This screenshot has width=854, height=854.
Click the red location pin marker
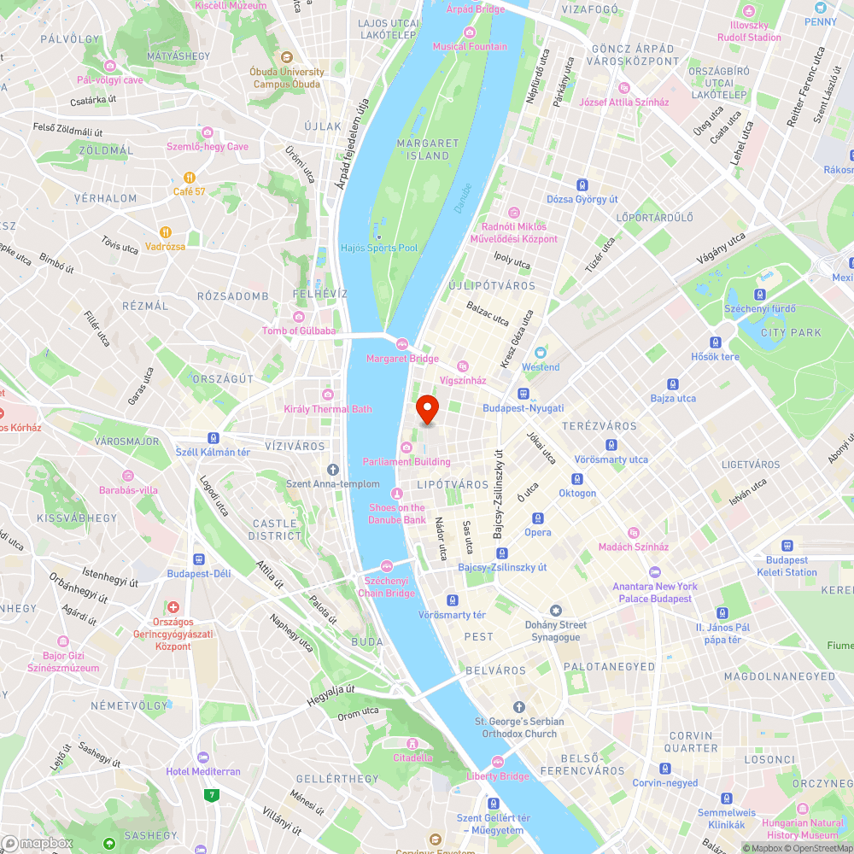tap(426, 409)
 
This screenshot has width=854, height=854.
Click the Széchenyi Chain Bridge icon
tap(386, 565)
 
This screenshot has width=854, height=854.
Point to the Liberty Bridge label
tap(498, 776)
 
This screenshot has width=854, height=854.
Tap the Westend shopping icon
tap(540, 353)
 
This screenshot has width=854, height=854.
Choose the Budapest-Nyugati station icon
tap(523, 394)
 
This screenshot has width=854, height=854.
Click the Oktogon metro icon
tap(577, 479)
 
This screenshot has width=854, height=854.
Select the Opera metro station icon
tap(538, 518)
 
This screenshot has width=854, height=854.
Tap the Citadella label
tap(412, 757)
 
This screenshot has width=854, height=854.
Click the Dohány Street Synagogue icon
tap(556, 611)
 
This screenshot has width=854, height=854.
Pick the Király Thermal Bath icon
tap(327, 395)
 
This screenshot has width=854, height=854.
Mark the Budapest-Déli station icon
tap(198, 559)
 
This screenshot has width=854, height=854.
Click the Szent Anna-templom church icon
tap(333, 469)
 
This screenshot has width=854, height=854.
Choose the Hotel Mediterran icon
tap(202, 757)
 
